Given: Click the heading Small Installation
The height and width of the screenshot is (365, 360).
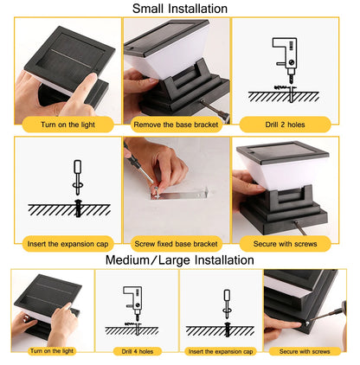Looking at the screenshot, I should (180, 9).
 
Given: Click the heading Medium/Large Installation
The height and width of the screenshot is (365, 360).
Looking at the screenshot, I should (180, 259).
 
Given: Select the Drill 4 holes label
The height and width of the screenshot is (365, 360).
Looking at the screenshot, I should (136, 352).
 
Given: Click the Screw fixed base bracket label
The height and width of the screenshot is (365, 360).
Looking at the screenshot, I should (179, 244).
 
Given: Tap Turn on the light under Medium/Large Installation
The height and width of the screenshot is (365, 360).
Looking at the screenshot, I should (51, 352).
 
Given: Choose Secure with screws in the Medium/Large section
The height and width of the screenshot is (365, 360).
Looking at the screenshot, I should (305, 352).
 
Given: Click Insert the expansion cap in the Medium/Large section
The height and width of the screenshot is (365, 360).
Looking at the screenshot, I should (220, 352).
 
